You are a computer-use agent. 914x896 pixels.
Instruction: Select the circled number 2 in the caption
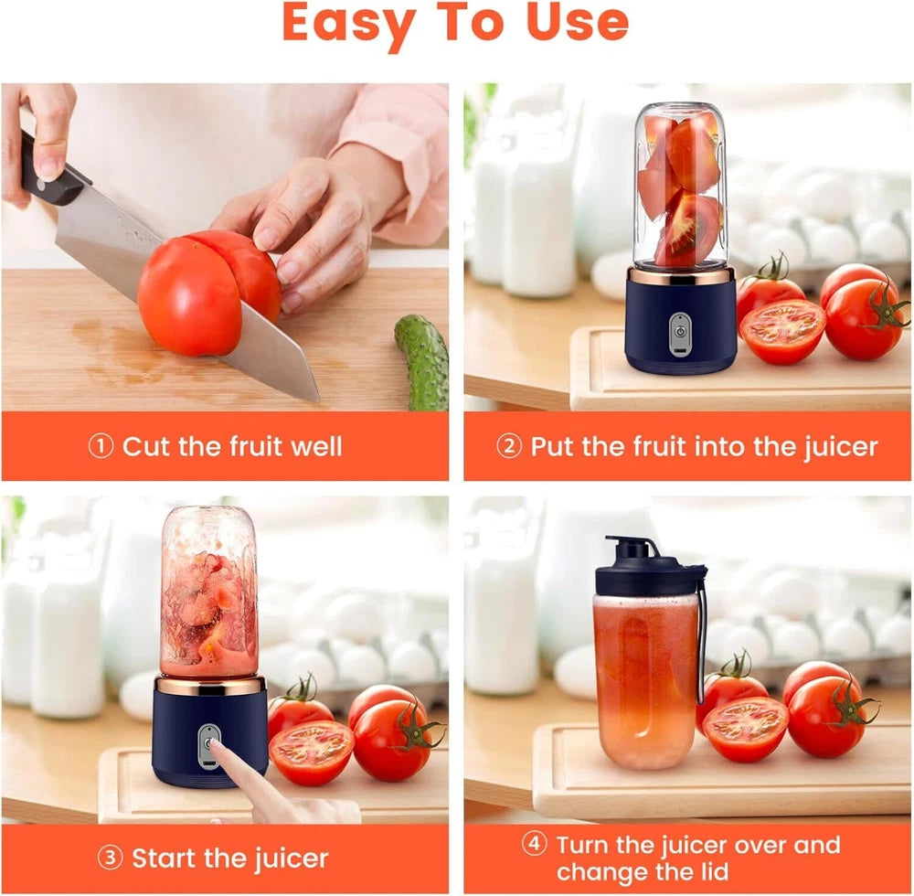pos(508,446)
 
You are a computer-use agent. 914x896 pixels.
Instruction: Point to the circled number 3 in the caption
pos(109,859)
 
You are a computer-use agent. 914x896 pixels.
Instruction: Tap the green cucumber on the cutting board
pos(423,361)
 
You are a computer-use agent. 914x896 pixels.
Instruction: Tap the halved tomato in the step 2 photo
pos(782,331)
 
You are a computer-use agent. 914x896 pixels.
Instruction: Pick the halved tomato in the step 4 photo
pos(745,729)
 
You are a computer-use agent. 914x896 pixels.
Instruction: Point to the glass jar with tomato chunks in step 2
pos(680,187)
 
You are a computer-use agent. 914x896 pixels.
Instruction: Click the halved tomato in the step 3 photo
pos(312,752)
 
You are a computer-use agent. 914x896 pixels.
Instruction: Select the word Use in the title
pos(577,24)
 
